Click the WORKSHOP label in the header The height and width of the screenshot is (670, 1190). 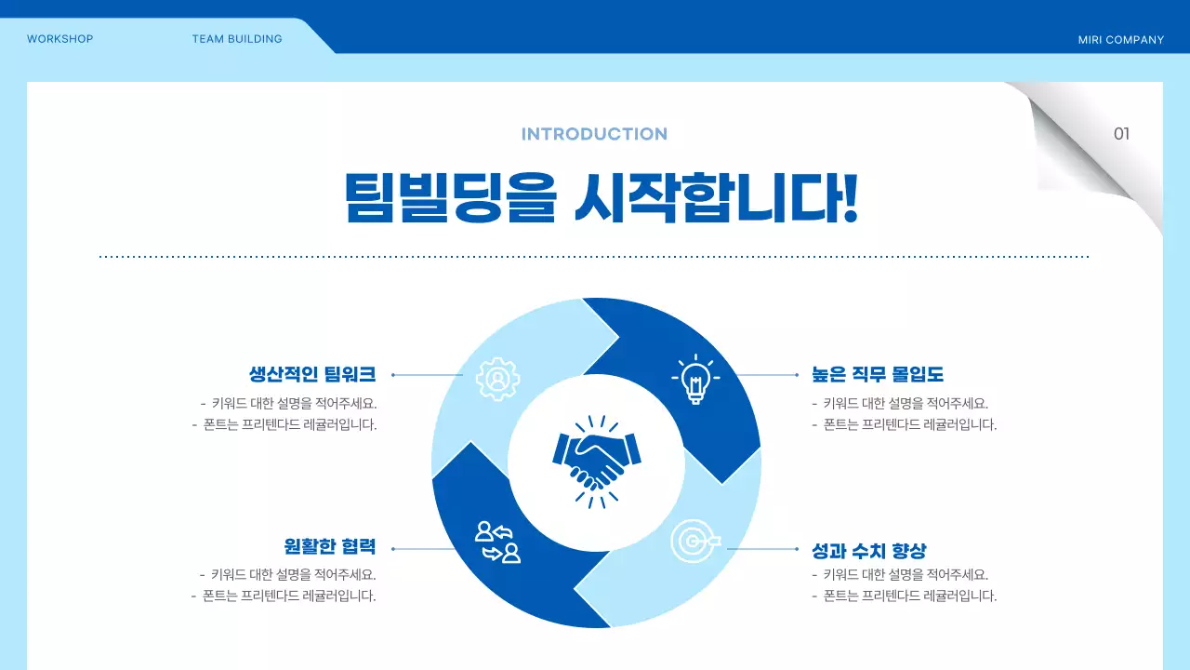coord(59,39)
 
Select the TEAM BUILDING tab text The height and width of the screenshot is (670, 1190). coord(237,39)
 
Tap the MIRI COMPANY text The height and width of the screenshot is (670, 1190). coord(1120,40)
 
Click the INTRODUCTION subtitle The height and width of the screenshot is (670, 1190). coord(594,134)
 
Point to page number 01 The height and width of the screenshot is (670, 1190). coord(1121,134)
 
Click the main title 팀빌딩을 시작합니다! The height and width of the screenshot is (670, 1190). coord(600,197)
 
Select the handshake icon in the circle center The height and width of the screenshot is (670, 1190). coord(596,462)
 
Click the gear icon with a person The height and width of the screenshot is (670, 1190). coord(497,379)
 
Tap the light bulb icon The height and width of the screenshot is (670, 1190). coord(694,379)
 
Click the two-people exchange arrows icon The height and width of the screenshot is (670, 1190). coord(497,543)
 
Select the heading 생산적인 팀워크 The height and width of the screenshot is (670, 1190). coord(312,374)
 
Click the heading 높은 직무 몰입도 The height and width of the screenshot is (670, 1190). coord(878,374)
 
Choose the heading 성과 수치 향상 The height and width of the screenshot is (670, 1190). coord(869,550)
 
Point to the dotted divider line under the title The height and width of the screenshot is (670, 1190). coord(594,256)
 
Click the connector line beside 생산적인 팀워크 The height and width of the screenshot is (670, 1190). coord(428,375)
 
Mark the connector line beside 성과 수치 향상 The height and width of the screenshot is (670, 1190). coord(762,549)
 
